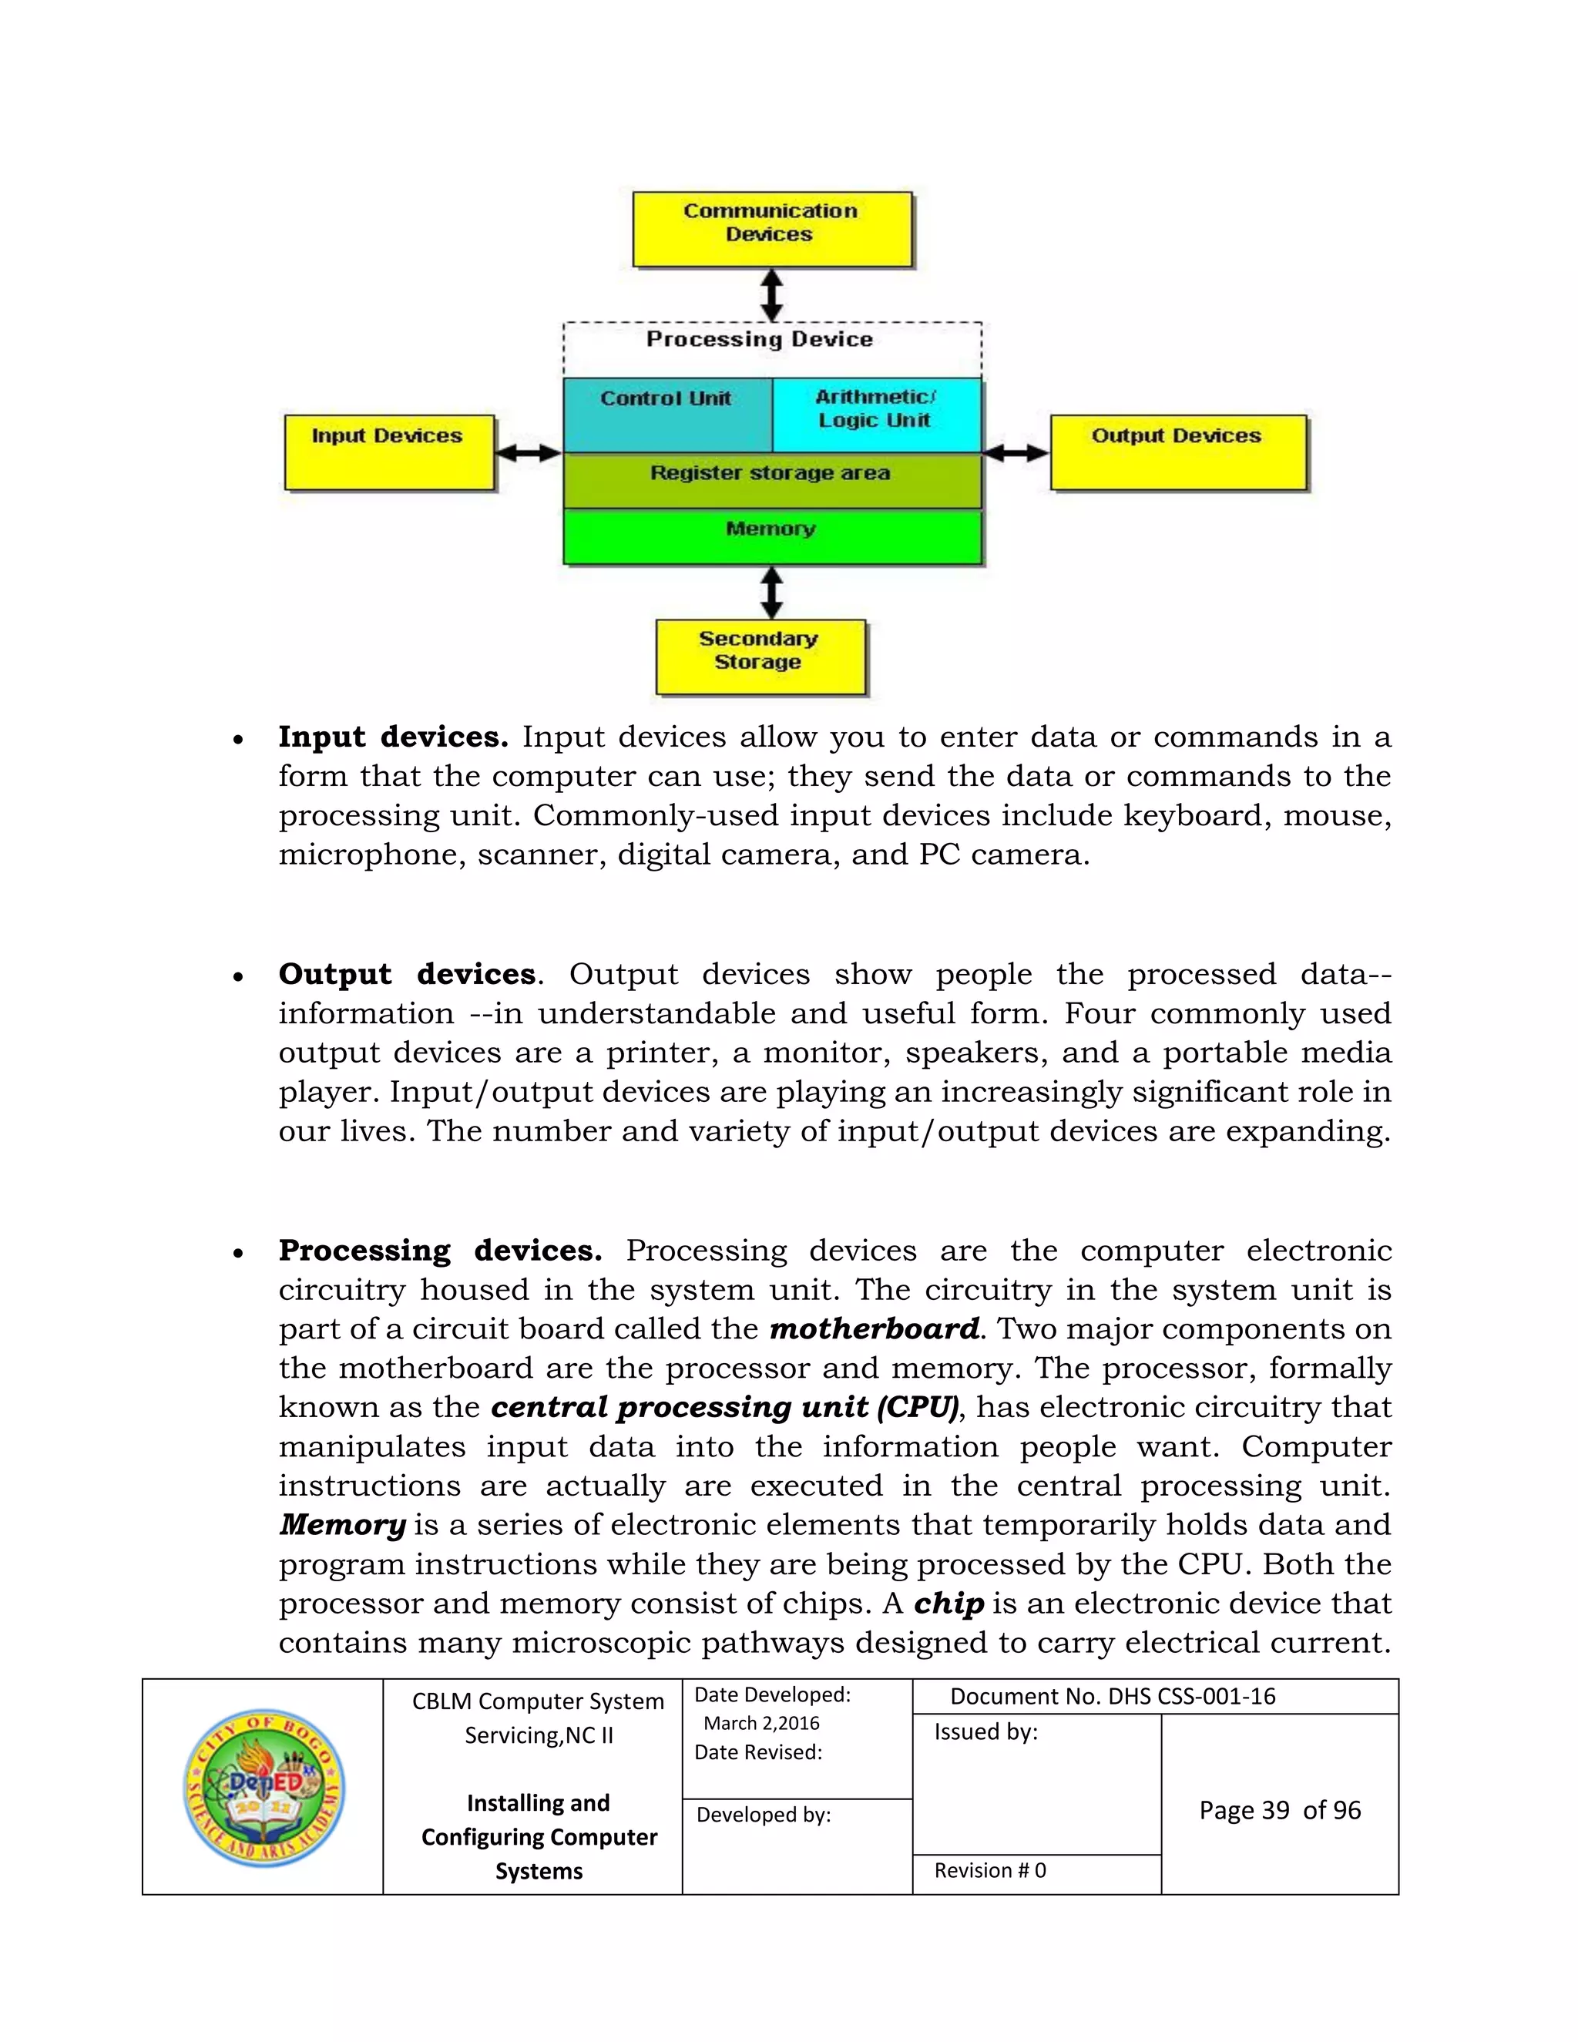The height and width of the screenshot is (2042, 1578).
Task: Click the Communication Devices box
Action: [771, 229]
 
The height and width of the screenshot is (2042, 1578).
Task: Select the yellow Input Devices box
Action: [389, 452]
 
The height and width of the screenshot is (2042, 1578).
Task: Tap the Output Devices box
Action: [1177, 452]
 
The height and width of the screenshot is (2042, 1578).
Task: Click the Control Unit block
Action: [667, 415]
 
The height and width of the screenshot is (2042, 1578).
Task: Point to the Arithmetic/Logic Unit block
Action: [876, 415]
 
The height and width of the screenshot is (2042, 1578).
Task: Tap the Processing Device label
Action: [759, 339]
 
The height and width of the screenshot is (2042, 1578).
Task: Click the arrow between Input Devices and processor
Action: [528, 453]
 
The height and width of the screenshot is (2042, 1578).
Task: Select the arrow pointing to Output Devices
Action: [1016, 453]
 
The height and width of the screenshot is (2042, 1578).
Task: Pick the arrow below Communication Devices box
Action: [771, 294]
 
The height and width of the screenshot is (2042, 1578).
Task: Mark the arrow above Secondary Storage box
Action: [771, 592]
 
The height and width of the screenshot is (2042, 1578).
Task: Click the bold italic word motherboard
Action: [874, 1328]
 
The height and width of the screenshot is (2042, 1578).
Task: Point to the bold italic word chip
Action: [948, 1603]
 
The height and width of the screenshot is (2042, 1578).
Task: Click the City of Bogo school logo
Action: [264, 1788]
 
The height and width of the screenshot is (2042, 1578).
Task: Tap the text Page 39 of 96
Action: [1279, 1810]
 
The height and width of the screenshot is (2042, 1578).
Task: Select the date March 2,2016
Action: [761, 1723]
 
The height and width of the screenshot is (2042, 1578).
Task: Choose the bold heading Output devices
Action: [407, 974]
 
